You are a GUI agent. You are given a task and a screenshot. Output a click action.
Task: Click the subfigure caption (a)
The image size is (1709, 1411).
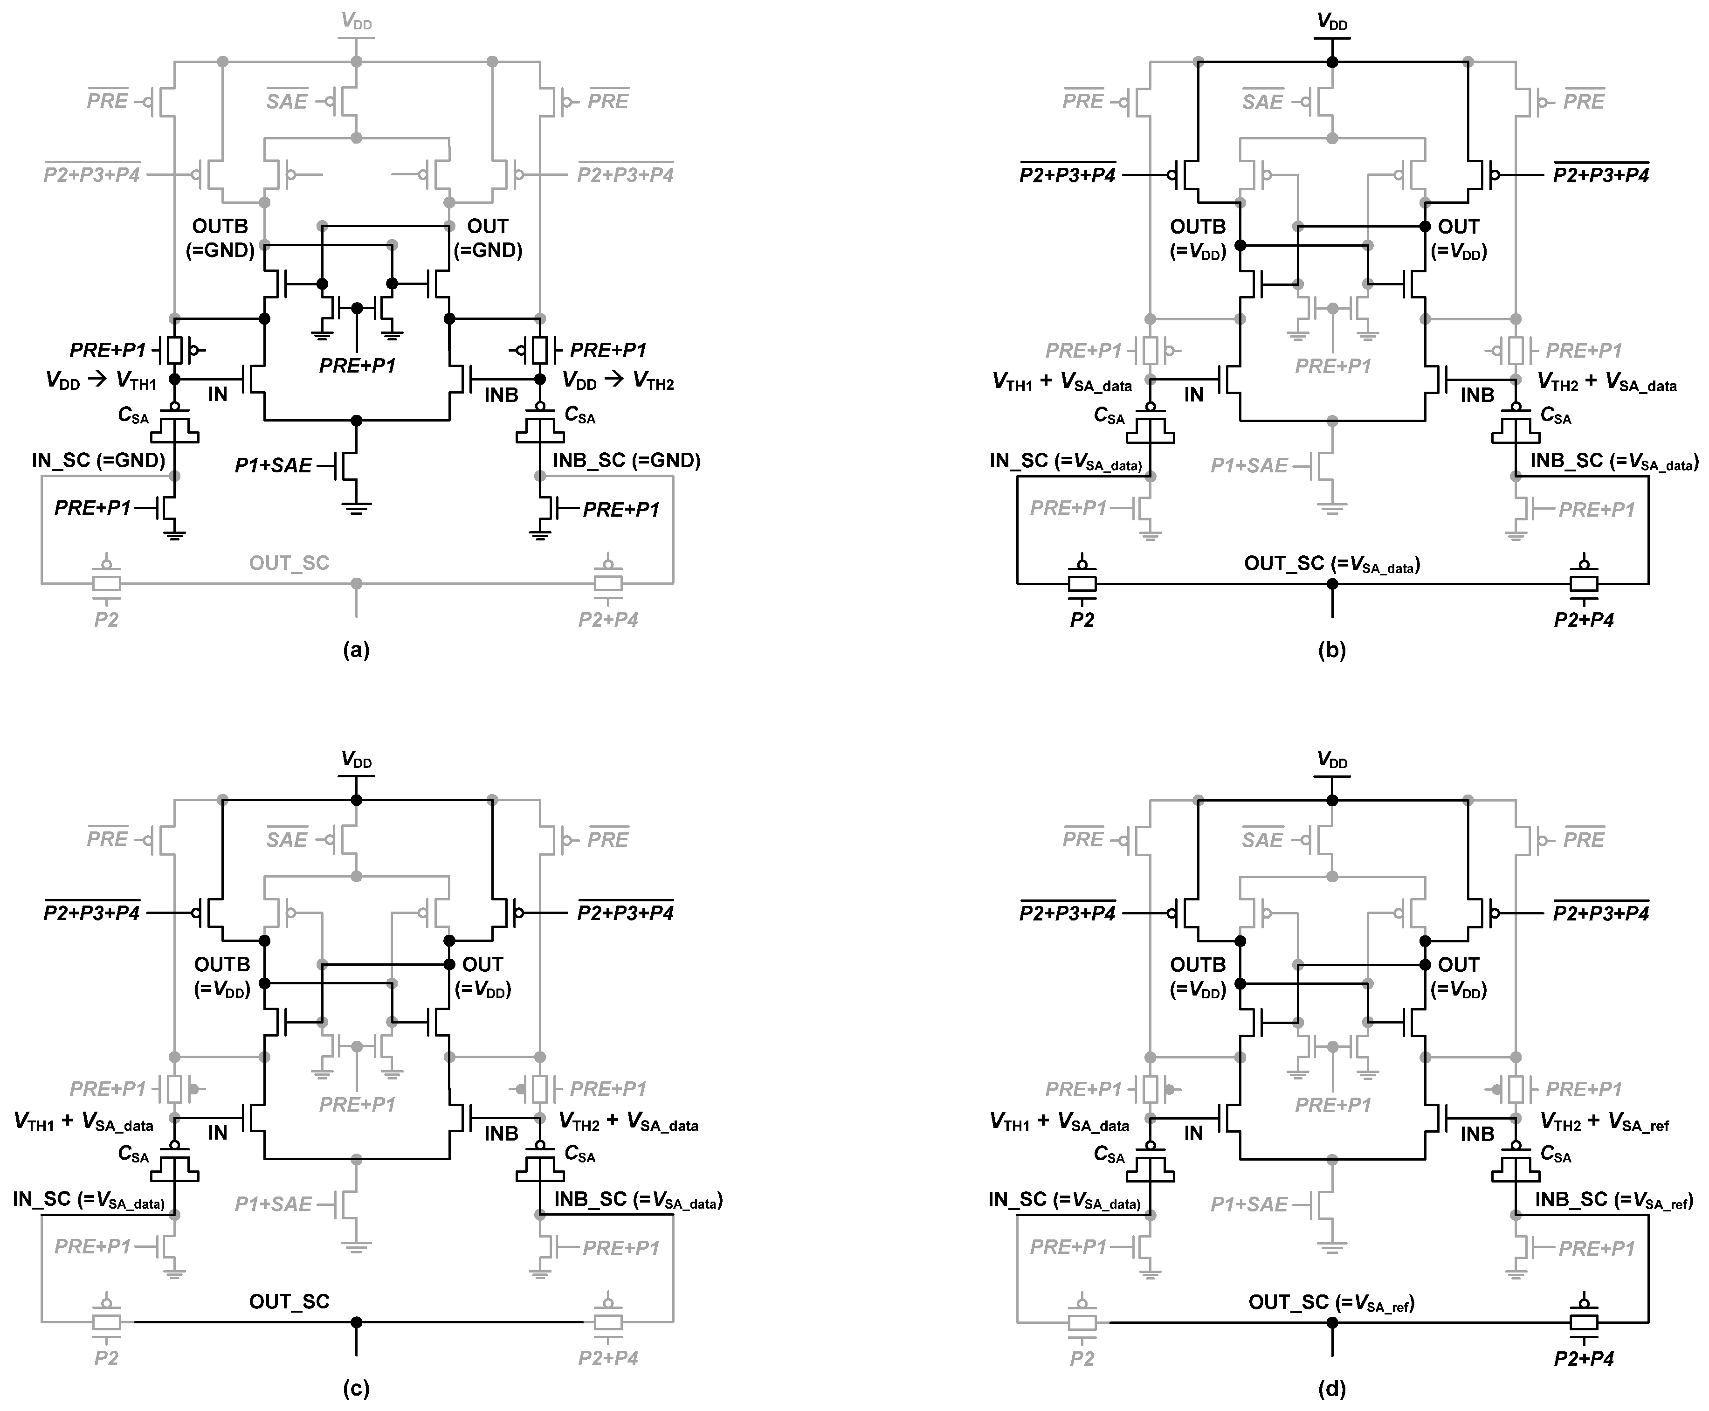click(356, 650)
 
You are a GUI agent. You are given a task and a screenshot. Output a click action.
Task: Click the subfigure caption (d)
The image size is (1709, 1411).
click(1331, 1389)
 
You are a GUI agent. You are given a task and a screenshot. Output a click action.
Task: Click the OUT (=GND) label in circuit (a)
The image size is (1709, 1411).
click(488, 238)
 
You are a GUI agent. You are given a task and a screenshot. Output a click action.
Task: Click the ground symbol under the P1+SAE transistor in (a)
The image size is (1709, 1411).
click(356, 509)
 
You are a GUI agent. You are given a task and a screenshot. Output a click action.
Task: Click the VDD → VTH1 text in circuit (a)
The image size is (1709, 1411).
click(101, 380)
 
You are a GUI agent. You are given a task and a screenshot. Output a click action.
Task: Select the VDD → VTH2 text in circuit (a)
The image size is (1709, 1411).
click(618, 380)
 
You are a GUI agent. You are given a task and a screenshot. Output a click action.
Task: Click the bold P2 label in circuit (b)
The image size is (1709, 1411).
click(1082, 619)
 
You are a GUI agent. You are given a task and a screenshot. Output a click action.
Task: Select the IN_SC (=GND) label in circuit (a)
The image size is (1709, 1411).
click(98, 460)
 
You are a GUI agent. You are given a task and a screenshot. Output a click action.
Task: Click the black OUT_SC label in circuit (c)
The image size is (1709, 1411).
click(289, 1301)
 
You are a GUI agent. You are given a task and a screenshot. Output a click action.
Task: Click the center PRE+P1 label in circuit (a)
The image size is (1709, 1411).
click(357, 366)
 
